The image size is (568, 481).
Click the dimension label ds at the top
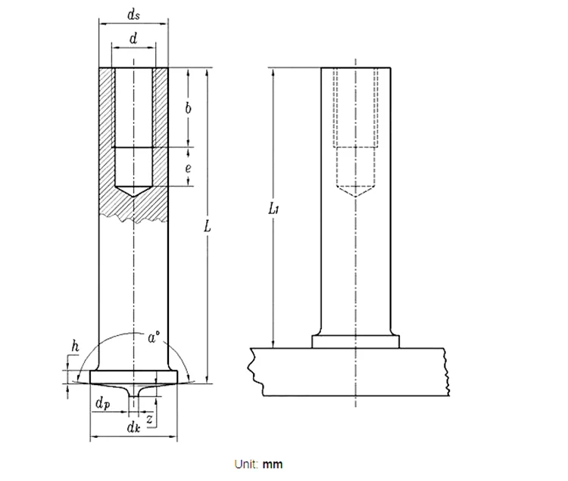pos(133,16)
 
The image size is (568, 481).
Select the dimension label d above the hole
pos(133,40)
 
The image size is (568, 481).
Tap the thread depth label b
pos(188,108)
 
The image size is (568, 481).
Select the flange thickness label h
pos(74,346)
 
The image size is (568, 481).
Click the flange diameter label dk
pos(133,428)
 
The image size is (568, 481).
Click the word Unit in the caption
pos(248,464)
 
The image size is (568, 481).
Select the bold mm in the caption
pos(273,464)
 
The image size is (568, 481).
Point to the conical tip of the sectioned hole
pos(133,193)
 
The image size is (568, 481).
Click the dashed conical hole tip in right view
pos(356,191)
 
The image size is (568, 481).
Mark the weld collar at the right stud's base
pos(356,342)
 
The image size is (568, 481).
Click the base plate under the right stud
pos(348,371)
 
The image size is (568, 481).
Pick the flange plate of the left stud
pos(133,376)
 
